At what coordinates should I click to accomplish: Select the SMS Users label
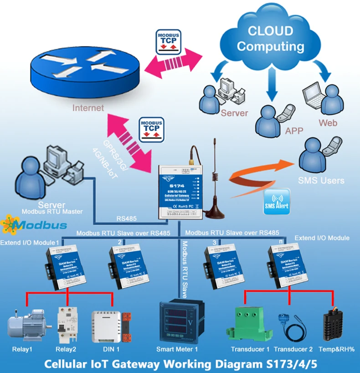[x=321, y=180]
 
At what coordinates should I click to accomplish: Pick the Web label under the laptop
[x=328, y=123]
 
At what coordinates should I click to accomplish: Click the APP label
[x=294, y=130]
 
